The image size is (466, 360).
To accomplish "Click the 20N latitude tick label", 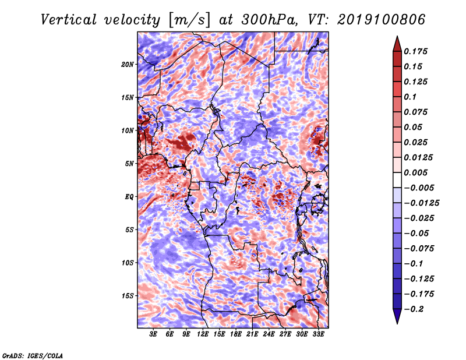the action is pyautogui.click(x=128, y=65).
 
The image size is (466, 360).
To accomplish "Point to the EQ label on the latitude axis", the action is pyautogui.click(x=129, y=197).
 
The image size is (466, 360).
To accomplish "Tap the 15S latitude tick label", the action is pyautogui.click(x=128, y=296).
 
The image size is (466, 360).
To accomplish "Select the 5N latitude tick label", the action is pyautogui.click(x=129, y=164).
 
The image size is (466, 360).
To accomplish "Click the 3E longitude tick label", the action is pyautogui.click(x=153, y=334).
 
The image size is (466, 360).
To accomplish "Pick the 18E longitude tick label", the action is pyautogui.click(x=236, y=334).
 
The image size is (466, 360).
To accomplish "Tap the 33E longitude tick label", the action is pyautogui.click(x=318, y=334).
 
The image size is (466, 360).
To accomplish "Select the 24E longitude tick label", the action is pyautogui.click(x=269, y=334).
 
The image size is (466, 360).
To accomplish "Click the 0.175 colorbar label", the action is pyautogui.click(x=415, y=51).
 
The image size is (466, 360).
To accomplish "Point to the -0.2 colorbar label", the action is pyautogui.click(x=414, y=309).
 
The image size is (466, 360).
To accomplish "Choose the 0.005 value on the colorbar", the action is pyautogui.click(x=415, y=172).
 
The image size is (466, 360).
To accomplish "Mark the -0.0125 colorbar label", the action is pyautogui.click(x=421, y=203).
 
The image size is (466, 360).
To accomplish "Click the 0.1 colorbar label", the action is pyautogui.click(x=410, y=97).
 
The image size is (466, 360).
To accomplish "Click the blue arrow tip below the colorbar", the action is pyautogui.click(x=397, y=323).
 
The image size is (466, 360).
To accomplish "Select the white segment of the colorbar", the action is pyautogui.click(x=397, y=180).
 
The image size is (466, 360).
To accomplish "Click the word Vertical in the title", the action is pyautogui.click(x=69, y=20).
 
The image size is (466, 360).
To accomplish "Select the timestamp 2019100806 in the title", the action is pyautogui.click(x=381, y=20).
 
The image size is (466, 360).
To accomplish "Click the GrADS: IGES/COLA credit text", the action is pyautogui.click(x=33, y=355).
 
